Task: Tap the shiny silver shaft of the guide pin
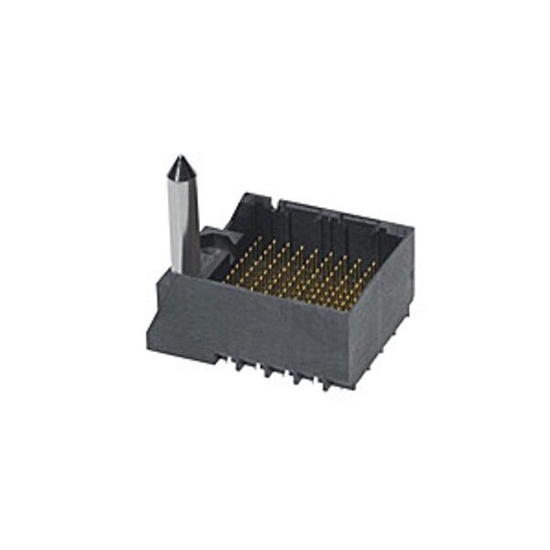coord(181,220)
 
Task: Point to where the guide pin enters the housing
coord(187,271)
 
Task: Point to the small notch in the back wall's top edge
coord(280,201)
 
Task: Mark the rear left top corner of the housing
coord(246,194)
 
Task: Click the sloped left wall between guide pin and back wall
coord(225,220)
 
